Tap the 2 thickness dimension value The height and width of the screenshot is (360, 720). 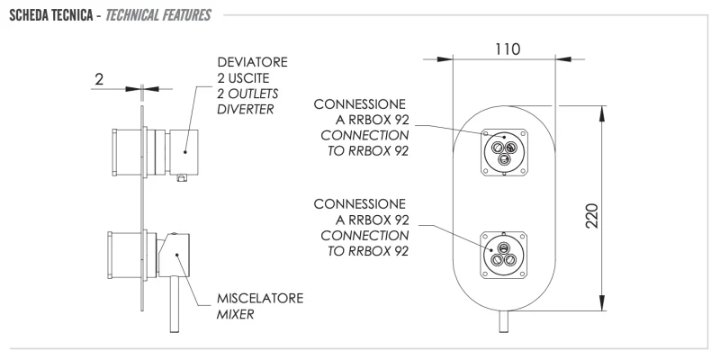point(99,80)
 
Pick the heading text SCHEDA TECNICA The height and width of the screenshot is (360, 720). point(57,15)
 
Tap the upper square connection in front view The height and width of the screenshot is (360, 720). point(503,149)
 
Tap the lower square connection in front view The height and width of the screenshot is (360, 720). point(503,252)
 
